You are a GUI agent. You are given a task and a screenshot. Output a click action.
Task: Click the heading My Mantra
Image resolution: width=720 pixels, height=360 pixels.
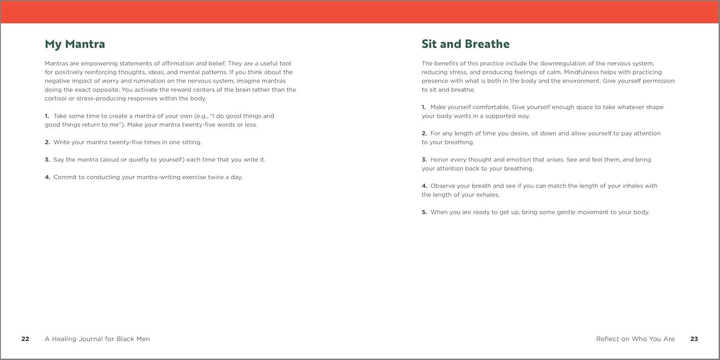75,44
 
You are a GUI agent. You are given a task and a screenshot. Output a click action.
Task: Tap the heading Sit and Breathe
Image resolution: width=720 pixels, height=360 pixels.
465,44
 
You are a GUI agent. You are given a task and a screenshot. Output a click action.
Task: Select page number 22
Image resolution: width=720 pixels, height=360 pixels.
25,339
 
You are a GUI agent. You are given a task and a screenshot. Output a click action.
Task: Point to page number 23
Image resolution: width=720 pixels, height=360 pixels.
694,339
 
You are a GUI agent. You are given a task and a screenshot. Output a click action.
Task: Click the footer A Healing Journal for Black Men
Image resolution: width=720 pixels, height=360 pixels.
97,339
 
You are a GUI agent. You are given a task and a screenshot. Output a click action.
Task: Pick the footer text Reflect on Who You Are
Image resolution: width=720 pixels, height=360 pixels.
635,339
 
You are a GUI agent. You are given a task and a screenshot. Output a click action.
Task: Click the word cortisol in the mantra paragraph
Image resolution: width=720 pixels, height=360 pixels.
55,99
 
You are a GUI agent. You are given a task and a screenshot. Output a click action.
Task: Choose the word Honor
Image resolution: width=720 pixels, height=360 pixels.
440,160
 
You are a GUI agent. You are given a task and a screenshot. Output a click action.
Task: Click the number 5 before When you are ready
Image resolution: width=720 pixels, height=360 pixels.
424,212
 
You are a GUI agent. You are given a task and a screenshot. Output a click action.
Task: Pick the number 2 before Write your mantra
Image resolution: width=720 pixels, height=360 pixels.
47,142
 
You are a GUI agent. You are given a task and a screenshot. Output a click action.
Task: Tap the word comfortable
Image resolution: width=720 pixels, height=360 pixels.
490,107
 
